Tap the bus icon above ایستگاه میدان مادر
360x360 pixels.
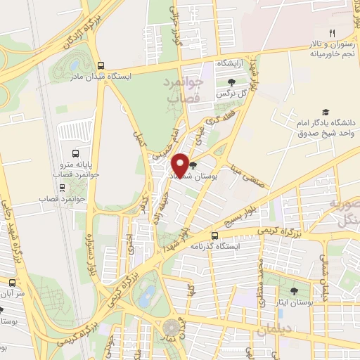tap(103, 63)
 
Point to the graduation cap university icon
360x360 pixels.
tap(325, 112)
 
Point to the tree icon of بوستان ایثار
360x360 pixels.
tap(294, 291)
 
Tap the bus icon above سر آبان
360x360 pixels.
tap(12, 282)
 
